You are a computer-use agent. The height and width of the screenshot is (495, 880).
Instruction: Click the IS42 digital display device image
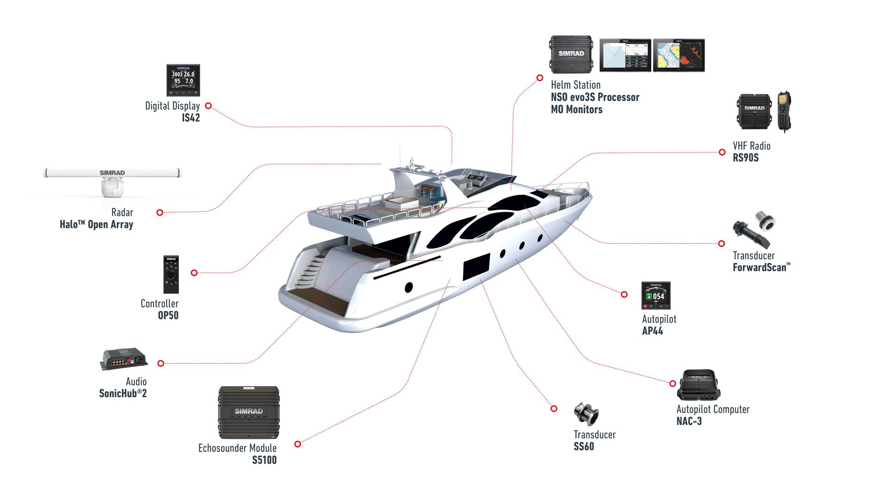pos(183,80)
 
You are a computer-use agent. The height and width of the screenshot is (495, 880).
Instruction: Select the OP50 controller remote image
pos(171,274)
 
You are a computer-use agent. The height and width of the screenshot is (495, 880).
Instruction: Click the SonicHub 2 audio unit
pos(124,359)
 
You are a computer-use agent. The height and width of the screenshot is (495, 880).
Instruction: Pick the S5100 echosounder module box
pos(249,412)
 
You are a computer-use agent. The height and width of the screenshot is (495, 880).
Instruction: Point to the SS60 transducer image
pos(586,414)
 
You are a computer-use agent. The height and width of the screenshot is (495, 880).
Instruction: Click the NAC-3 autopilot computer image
pos(698,385)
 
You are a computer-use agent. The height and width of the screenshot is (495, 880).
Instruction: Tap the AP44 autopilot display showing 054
pos(656,295)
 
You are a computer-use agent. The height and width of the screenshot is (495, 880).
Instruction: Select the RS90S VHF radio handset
pos(784,111)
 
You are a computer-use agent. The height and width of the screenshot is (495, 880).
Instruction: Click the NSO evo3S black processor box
pos(571,55)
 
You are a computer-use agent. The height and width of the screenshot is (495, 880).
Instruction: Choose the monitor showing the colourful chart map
pos(679,55)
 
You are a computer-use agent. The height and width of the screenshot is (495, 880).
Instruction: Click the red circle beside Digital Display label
pos(208,106)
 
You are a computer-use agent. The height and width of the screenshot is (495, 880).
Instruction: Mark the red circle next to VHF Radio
pos(722,152)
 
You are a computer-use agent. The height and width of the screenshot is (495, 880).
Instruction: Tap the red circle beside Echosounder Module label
pos(298,444)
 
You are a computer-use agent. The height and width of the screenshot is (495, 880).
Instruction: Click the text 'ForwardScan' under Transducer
pos(760,267)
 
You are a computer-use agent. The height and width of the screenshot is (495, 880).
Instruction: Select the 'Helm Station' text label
pos(575,85)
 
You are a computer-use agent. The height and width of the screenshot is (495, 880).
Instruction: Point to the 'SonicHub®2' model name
pos(123,393)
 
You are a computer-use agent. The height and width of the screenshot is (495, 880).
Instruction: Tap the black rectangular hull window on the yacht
pos(476,267)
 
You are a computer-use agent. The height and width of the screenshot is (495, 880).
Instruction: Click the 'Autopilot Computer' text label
pos(712,409)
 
